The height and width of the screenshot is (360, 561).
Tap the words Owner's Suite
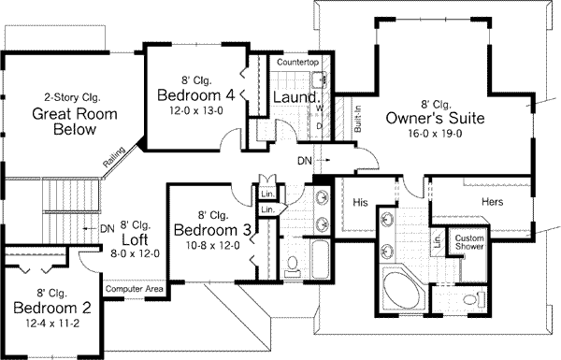coord(432,118)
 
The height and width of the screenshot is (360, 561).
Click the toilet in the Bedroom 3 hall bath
coord(293,267)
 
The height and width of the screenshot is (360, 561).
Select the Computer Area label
coord(135,291)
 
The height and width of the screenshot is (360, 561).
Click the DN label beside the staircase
coord(108,226)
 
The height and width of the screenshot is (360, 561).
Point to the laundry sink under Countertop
coord(317,80)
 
